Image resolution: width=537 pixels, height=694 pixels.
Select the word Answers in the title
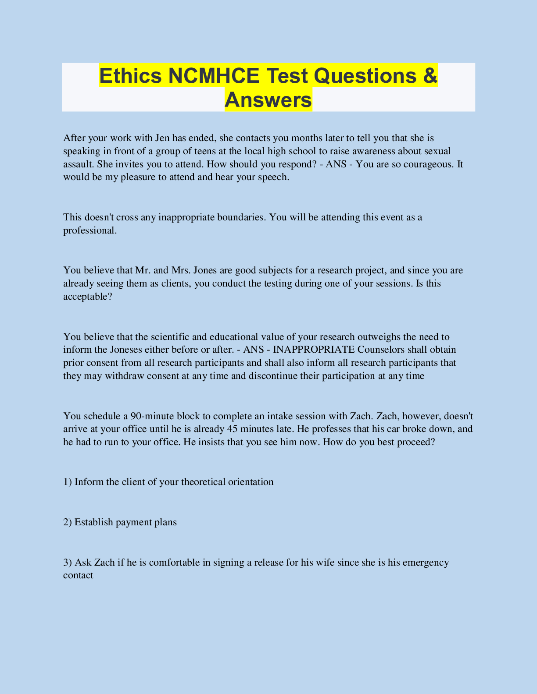coord(268,100)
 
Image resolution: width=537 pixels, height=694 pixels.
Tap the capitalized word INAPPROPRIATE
coord(313,350)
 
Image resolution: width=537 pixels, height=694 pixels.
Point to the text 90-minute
coord(152,416)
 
